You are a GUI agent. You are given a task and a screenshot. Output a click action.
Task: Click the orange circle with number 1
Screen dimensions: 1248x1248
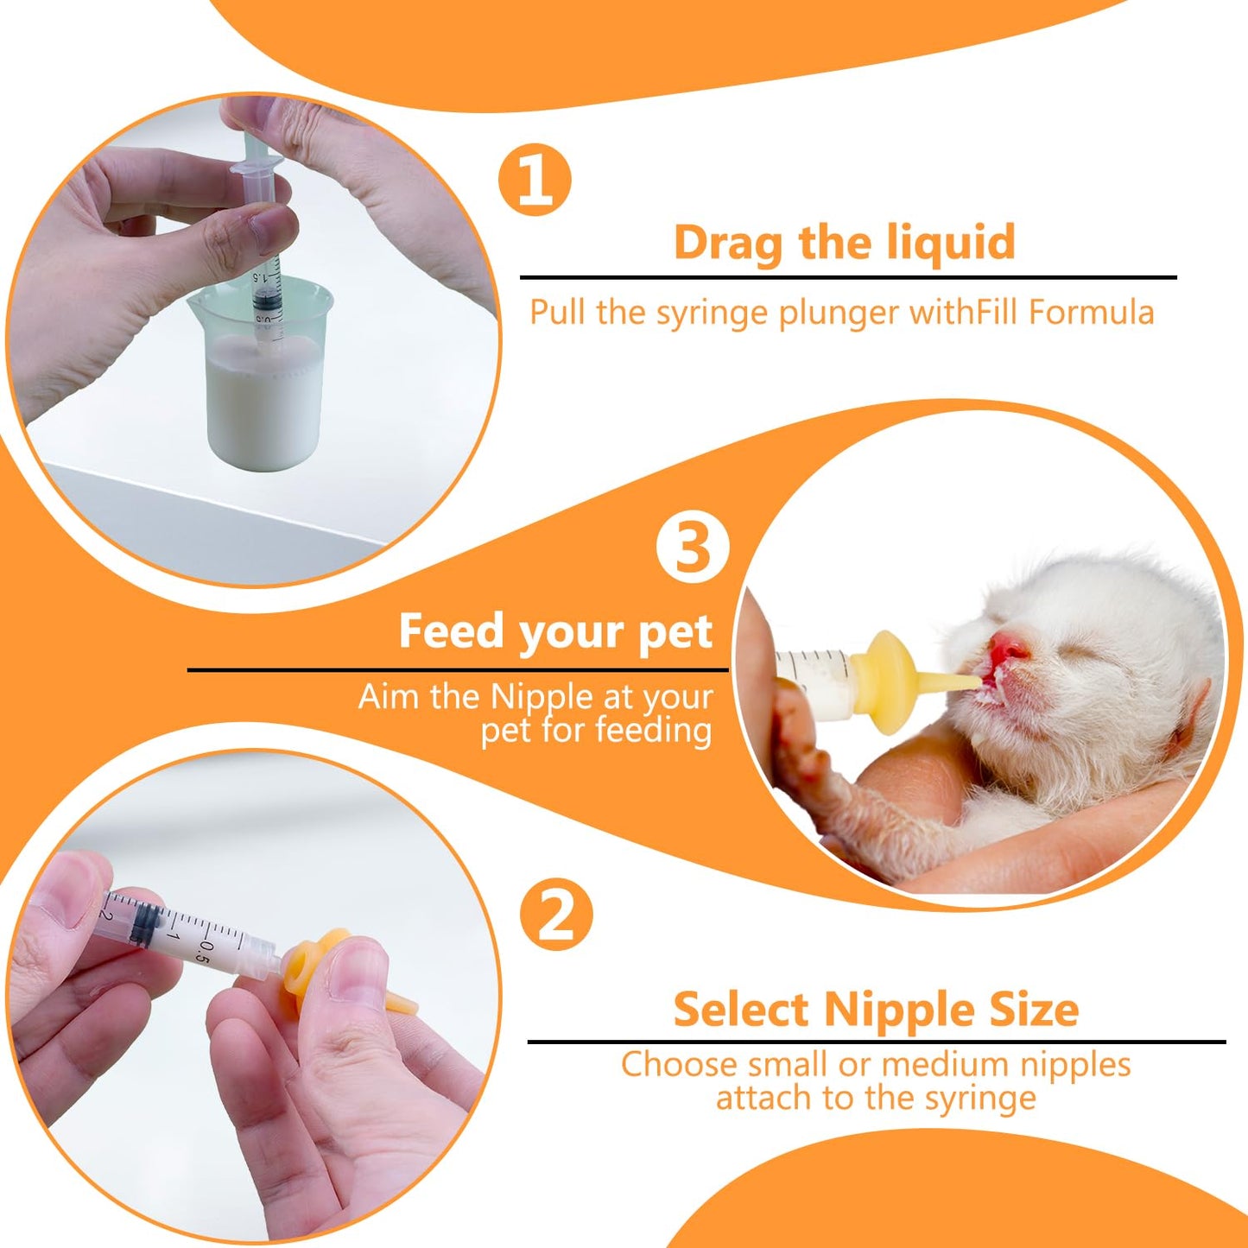535,180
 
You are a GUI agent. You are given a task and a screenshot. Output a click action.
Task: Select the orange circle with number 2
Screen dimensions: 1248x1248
556,914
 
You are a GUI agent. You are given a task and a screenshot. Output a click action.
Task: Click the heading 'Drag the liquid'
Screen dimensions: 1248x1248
844,242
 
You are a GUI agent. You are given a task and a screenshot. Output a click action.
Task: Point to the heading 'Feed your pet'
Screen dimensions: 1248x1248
554,631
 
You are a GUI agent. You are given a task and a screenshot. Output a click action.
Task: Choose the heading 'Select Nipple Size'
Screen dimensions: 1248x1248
876,1009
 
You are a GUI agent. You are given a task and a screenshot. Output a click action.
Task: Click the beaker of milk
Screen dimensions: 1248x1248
264,380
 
